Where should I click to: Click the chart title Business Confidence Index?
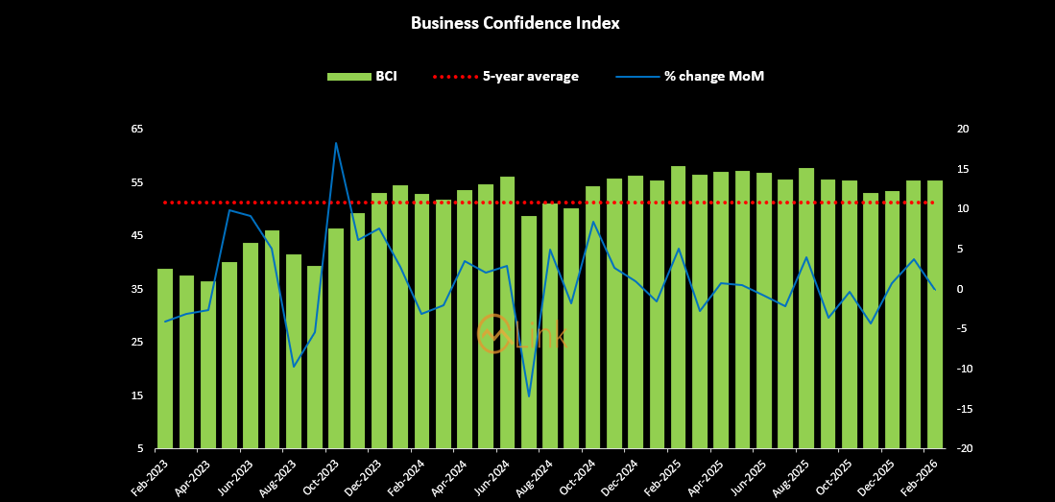[x=515, y=23]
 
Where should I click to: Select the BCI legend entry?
[x=362, y=77]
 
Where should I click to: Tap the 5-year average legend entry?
[x=506, y=77]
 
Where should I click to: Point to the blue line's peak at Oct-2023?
[x=336, y=143]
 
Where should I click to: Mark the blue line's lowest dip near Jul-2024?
[x=529, y=395]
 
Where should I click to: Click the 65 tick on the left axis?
[x=137, y=129]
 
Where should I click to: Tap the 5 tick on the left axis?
[x=140, y=449]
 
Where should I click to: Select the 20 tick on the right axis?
[x=963, y=129]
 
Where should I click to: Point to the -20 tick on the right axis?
[x=964, y=449]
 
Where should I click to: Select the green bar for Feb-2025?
[x=679, y=307]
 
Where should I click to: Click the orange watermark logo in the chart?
[x=494, y=334]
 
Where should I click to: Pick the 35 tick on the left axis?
[x=137, y=289]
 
